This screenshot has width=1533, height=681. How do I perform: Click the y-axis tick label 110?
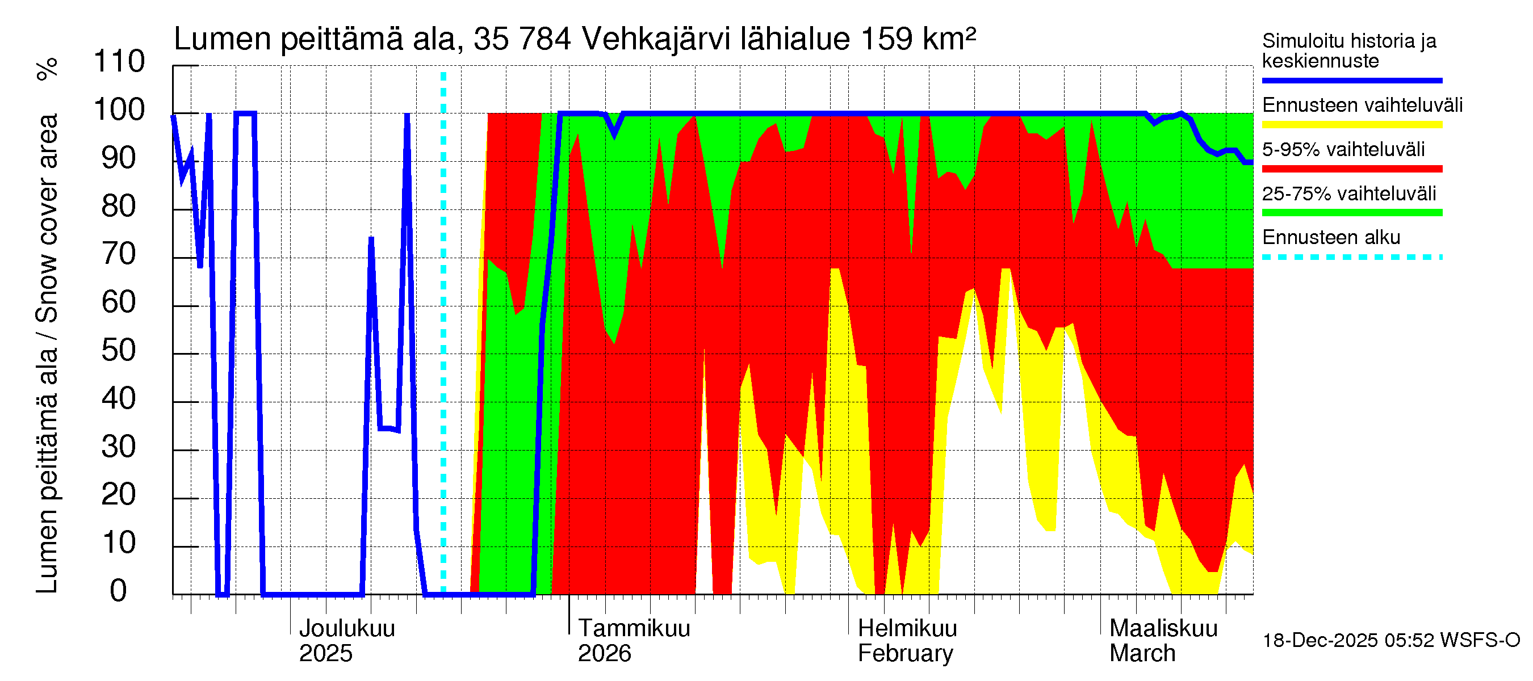[119, 62]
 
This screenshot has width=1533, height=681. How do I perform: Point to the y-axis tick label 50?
[119, 351]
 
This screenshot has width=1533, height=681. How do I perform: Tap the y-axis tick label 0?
[119, 591]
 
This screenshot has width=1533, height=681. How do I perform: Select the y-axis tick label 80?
[119, 207]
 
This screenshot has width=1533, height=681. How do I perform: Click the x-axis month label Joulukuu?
[347, 629]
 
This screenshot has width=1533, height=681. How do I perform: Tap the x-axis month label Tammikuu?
[634, 629]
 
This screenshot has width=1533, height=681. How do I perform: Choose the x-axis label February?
[905, 654]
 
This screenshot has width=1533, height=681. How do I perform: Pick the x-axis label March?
[1142, 654]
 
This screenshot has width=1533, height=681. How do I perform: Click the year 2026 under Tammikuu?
[604, 654]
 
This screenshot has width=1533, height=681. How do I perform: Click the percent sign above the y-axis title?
[48, 69]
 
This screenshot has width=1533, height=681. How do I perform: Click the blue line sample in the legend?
[1351, 80]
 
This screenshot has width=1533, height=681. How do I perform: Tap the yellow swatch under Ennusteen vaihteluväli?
[1351, 124]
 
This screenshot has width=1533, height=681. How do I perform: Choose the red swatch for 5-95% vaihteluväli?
[1351, 169]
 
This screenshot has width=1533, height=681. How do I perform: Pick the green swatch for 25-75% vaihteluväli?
[1351, 213]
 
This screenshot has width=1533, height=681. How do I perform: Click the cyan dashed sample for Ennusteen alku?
[1351, 258]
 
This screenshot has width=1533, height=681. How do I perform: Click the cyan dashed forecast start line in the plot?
[443, 333]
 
